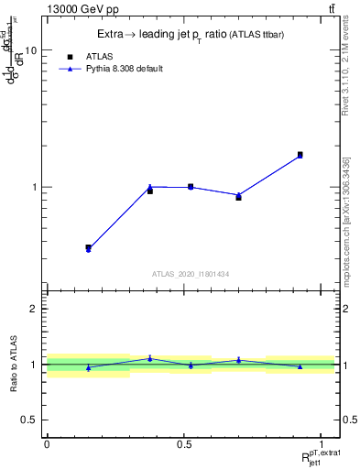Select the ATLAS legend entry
tap(92, 55)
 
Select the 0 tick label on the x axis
tap(47, 444)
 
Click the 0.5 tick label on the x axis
tap(184, 444)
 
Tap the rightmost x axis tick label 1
tap(322, 444)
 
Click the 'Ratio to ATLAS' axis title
tap(12, 365)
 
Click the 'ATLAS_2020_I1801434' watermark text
tap(191, 274)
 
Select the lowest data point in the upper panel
tap(88, 248)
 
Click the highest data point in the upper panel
tap(300, 155)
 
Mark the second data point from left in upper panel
tap(150, 190)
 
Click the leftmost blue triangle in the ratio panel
tap(88, 368)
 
